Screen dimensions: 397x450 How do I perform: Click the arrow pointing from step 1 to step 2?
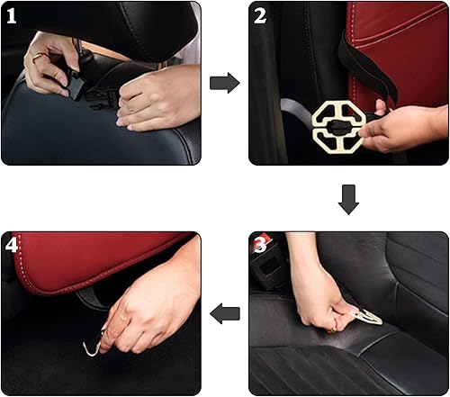click(224, 83)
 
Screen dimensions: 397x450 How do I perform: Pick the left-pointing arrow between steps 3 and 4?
click(224, 313)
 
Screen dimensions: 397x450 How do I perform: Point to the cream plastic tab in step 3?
click(368, 316)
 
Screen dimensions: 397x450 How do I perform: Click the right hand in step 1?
click(153, 99)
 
